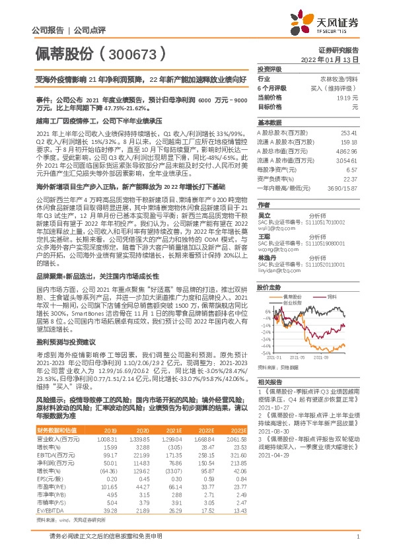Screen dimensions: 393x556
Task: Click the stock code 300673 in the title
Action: (x=135, y=52)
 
